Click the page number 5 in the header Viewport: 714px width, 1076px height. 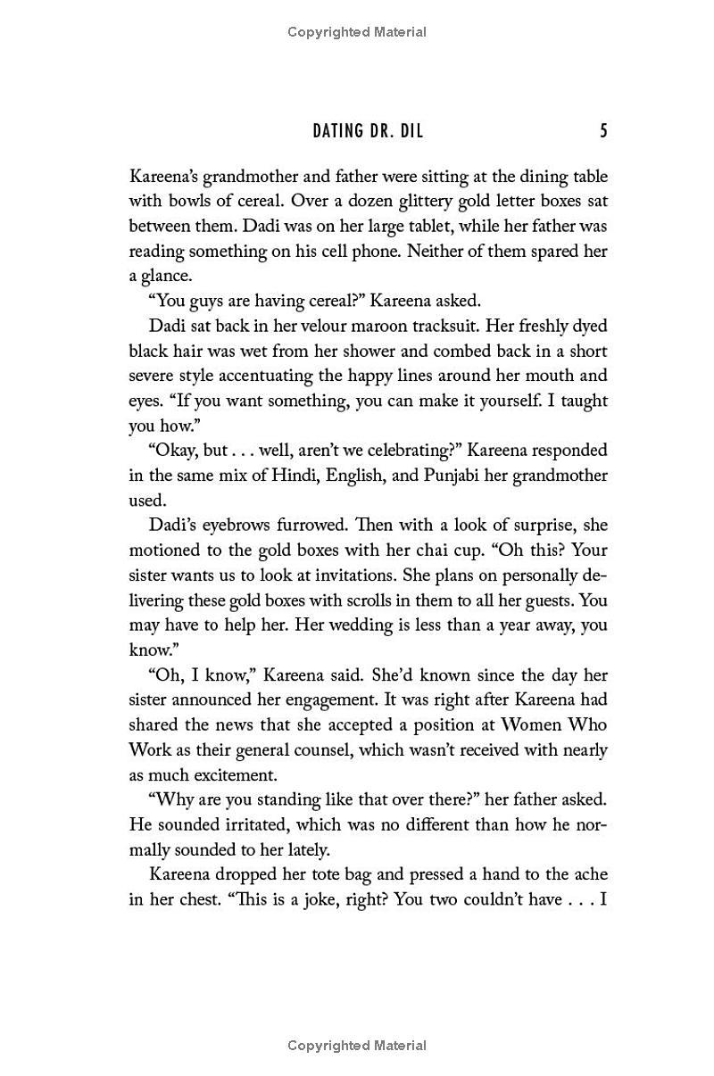603,131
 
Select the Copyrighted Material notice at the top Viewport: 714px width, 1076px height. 357,32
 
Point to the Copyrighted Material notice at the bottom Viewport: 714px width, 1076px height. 357,1046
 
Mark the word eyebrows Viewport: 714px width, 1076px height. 231,526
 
